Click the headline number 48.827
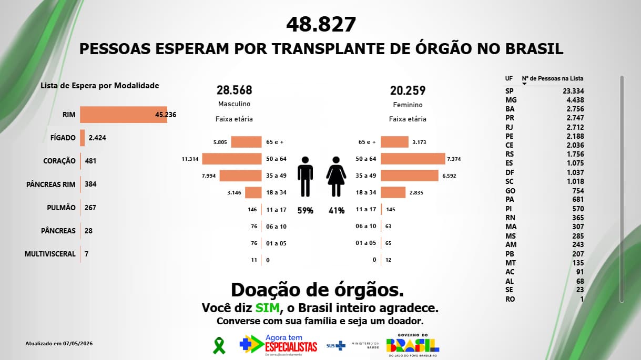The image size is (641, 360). (321, 24)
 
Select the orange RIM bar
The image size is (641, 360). (124, 115)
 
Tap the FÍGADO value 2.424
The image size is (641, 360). (97, 138)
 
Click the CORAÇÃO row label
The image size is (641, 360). (59, 161)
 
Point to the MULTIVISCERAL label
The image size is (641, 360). (50, 254)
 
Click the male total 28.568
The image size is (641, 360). (235, 90)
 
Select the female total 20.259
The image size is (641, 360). (408, 90)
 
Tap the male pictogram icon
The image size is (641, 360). (305, 177)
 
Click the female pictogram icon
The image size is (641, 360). (336, 177)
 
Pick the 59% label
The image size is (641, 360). (306, 211)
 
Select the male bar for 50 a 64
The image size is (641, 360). (232, 159)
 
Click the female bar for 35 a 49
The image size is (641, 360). (410, 176)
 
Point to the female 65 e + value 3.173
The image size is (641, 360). (419, 142)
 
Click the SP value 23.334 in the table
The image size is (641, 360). (573, 91)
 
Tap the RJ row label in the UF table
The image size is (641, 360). (509, 127)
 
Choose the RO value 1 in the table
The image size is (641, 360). (582, 299)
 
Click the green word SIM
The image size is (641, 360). (267, 308)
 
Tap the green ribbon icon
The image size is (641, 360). (219, 345)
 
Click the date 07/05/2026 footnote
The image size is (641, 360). (78, 343)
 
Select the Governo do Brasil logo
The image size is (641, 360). (413, 345)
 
